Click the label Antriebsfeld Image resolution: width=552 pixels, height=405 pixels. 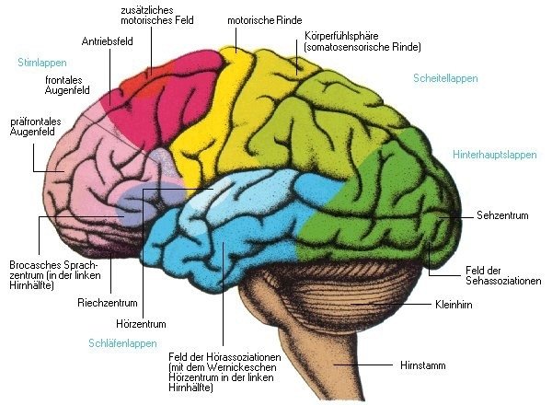tap(108, 41)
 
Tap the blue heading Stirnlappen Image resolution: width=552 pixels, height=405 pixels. tap(42, 63)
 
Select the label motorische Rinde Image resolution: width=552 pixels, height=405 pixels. tap(265, 20)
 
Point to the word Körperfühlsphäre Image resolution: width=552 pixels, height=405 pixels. tap(341, 36)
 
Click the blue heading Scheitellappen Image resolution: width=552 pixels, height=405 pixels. tap(445, 78)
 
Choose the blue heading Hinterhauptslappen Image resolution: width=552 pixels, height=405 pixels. tap(495, 155)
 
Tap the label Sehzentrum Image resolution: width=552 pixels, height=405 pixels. tap(502, 215)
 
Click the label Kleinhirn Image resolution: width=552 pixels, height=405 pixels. tap(454, 305)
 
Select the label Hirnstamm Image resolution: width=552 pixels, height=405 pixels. tap(423, 365)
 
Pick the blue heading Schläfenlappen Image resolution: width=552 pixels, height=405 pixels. tap(122, 343)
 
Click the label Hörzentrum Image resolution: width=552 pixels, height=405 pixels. tap(141, 324)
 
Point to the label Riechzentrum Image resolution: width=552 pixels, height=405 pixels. tap(108, 303)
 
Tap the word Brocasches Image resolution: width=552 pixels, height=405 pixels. tap(31, 265)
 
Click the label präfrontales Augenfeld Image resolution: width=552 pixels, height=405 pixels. tap(36, 127)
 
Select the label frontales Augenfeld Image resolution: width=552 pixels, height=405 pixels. tap(67, 86)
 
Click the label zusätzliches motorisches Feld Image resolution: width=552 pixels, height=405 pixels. tap(157, 15)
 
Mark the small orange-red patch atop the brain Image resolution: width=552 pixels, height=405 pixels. tap(150, 79)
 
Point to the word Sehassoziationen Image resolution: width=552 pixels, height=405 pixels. tap(503, 281)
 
